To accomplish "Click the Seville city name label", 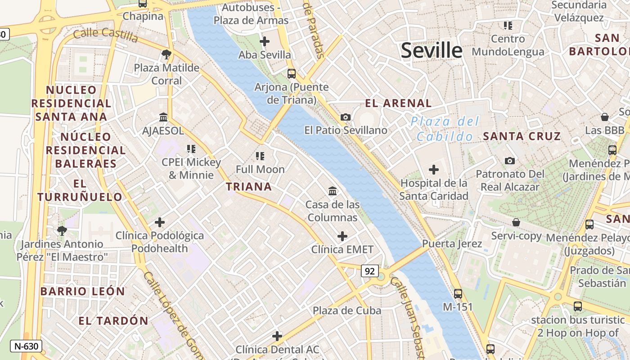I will [431, 50].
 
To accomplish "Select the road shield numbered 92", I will [369, 271].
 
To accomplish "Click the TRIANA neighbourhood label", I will [249, 187].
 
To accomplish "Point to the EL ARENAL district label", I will [398, 103].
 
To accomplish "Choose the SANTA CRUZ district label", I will [522, 136].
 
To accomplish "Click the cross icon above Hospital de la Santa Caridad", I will [434, 170].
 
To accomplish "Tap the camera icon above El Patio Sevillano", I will [346, 117].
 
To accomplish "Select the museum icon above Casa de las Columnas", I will [333, 191].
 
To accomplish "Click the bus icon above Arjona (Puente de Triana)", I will [292, 73].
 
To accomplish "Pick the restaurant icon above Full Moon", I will [260, 156].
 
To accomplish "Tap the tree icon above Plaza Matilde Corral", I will [166, 55].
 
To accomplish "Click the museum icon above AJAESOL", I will [163, 117].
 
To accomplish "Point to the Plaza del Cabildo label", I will [445, 129].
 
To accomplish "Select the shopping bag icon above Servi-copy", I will [516, 222].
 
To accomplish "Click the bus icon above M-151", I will [458, 293].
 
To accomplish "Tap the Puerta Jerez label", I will [452, 244].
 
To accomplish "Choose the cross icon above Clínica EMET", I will [342, 236].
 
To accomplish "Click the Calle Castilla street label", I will [105, 35].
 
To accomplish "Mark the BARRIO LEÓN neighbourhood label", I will [82, 291].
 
